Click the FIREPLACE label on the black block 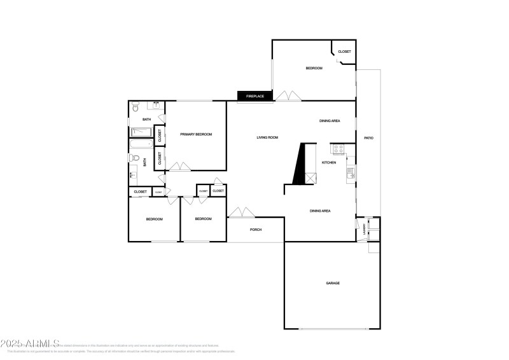pyautogui.click(x=255, y=96)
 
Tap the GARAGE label pyautogui.click(x=333, y=283)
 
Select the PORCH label pyautogui.click(x=256, y=230)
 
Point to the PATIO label pyautogui.click(x=368, y=138)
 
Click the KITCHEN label pyautogui.click(x=329, y=163)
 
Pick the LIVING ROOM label pyautogui.click(x=267, y=137)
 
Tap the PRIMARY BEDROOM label pyautogui.click(x=195, y=134)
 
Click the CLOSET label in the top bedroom pyautogui.click(x=344, y=52)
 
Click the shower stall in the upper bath pyautogui.click(x=141, y=132)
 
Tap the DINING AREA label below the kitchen pyautogui.click(x=320, y=211)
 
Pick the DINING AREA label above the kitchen pyautogui.click(x=330, y=121)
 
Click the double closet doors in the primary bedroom pyautogui.click(x=179, y=167)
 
